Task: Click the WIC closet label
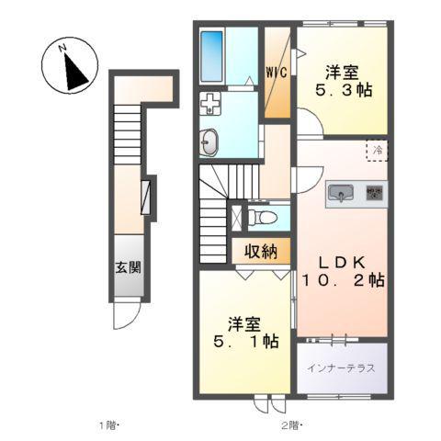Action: [x=277, y=73]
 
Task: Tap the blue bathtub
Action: [x=211, y=56]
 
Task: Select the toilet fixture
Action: [x=263, y=218]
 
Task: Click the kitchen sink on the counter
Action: [x=341, y=193]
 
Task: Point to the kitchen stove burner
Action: [x=375, y=193]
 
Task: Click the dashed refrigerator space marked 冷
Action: [x=378, y=151]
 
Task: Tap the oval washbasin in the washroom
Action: [x=209, y=141]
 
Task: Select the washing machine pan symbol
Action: [x=210, y=104]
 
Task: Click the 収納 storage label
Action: [x=261, y=252]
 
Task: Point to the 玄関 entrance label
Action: [x=128, y=267]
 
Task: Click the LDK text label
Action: [x=343, y=263]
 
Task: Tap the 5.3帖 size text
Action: [x=344, y=90]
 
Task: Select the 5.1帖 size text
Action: [x=246, y=342]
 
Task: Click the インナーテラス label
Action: [x=341, y=367]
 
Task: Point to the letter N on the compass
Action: [x=62, y=48]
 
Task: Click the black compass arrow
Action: [x=75, y=72]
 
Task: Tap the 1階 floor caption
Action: [x=108, y=424]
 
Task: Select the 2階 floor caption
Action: [x=292, y=424]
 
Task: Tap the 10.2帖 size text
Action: [x=344, y=280]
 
